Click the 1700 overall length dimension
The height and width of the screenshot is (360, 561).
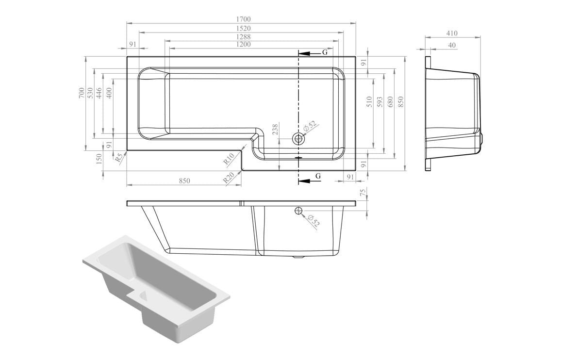click(x=244, y=19)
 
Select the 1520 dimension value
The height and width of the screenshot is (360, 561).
click(x=244, y=29)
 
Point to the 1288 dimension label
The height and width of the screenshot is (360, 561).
click(x=244, y=37)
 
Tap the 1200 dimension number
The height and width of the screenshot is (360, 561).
click(x=244, y=45)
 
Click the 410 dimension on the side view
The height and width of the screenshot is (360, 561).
click(x=452, y=33)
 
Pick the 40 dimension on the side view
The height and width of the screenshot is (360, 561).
click(x=452, y=45)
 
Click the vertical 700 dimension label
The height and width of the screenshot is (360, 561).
click(x=82, y=93)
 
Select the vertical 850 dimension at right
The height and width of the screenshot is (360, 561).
click(x=401, y=102)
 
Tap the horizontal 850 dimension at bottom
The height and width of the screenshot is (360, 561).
click(x=183, y=181)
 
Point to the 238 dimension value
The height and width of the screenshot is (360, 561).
click(x=275, y=130)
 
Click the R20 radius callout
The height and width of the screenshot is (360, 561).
click(x=229, y=178)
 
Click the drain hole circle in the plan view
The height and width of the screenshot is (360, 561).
click(x=298, y=139)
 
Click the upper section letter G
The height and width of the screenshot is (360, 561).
click(x=325, y=52)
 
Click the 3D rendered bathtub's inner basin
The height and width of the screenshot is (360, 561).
click(x=165, y=277)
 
